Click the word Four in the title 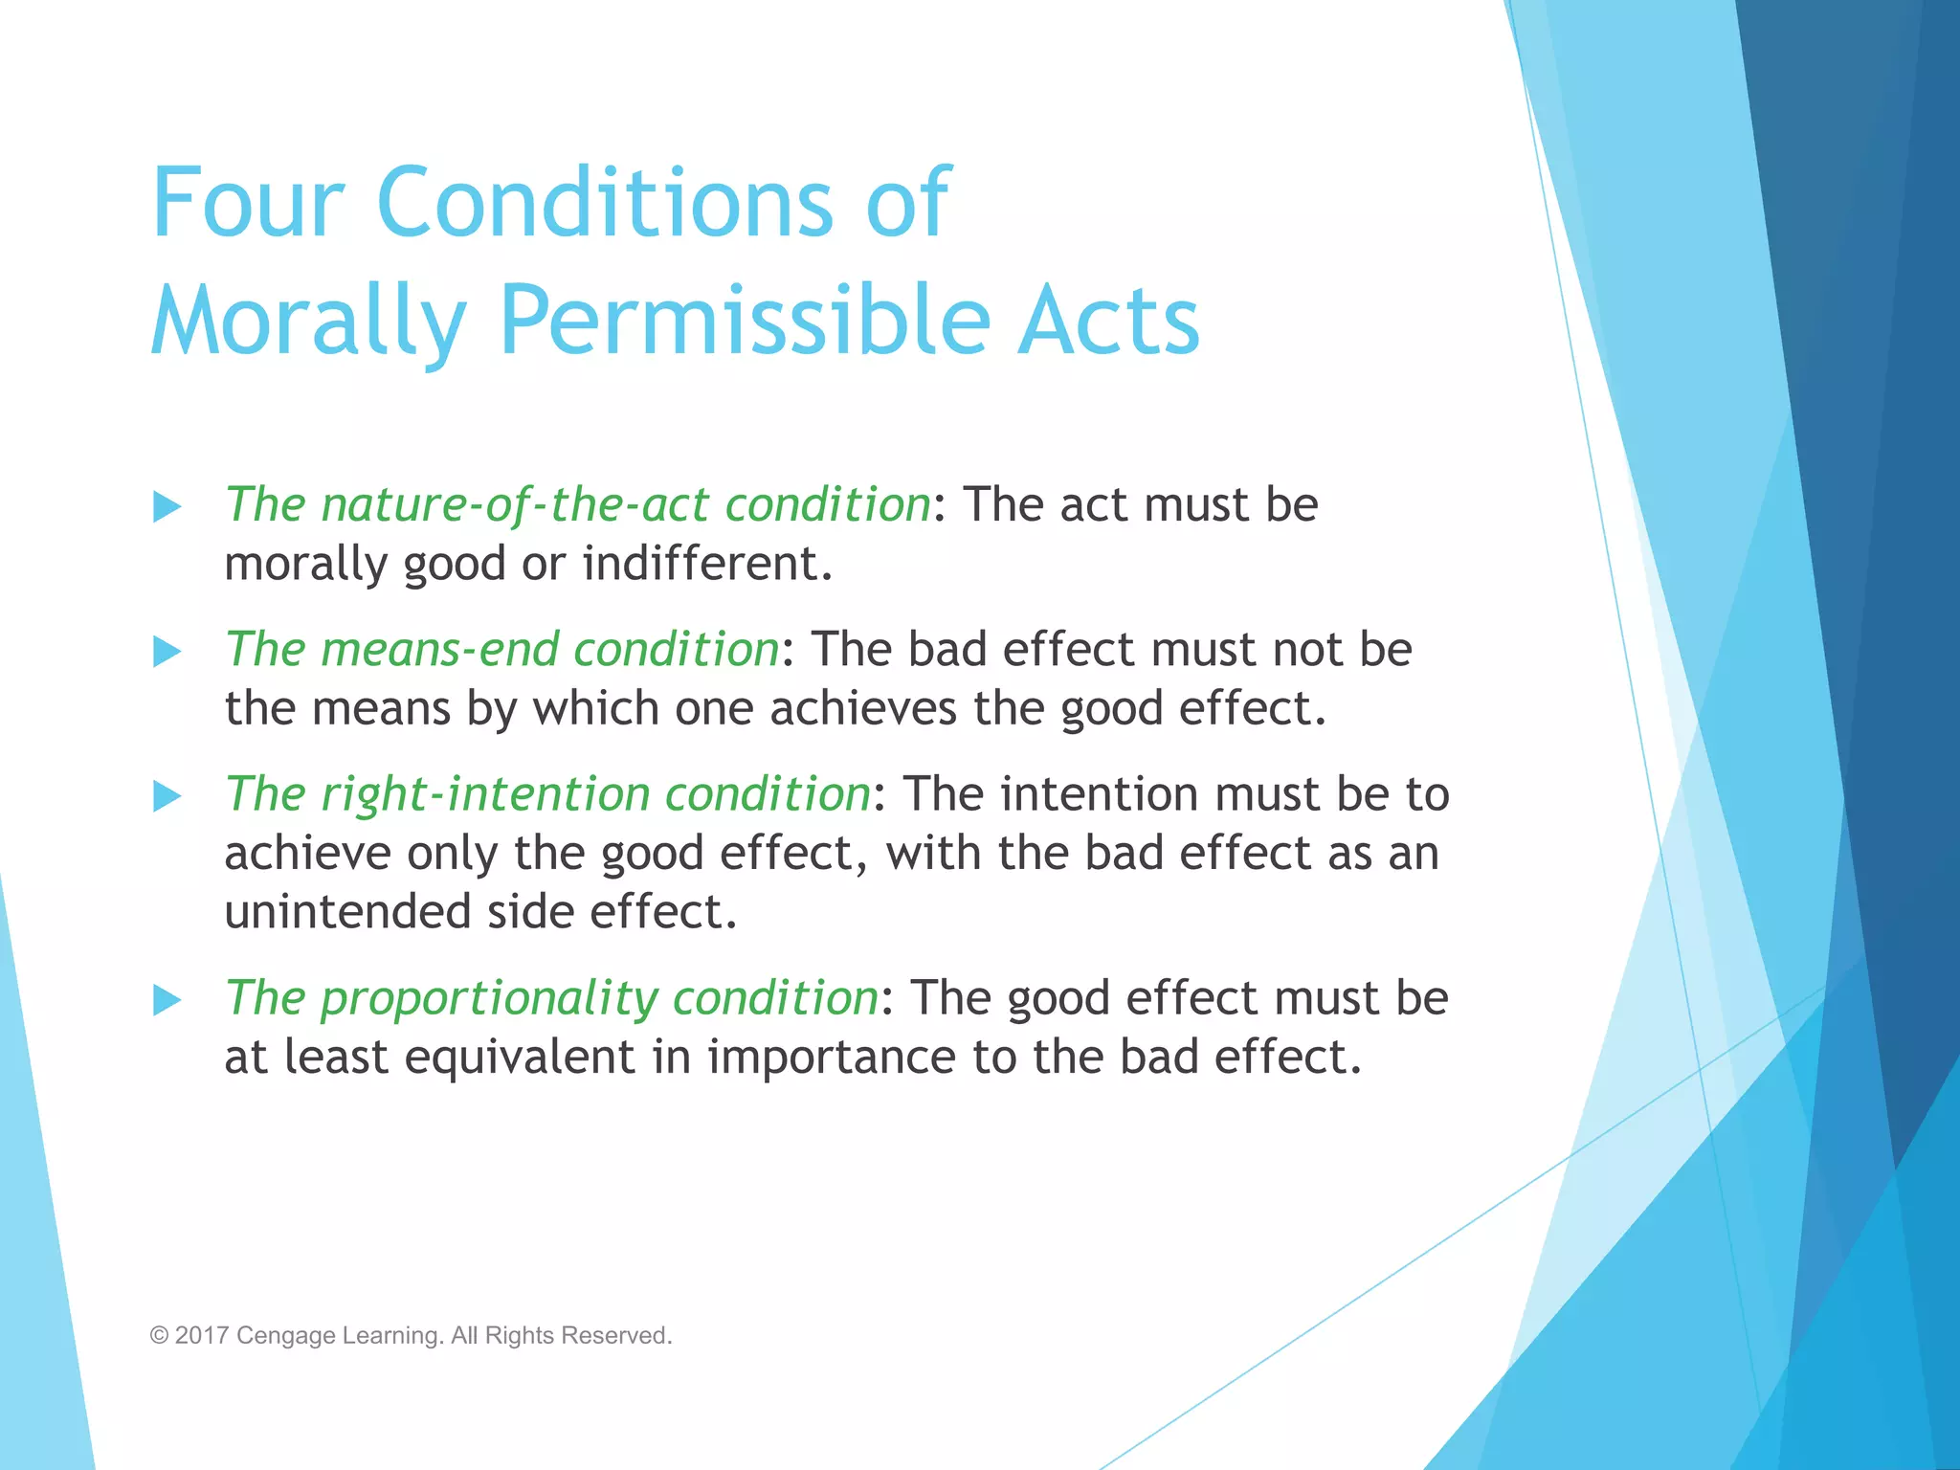247,203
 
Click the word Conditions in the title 605,203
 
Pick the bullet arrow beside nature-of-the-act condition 167,506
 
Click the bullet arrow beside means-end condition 167,652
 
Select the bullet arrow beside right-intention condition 167,796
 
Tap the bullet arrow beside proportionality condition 167,1000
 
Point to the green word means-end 439,651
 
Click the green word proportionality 489,999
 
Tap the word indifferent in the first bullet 706,564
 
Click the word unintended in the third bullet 347,912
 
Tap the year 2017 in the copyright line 202,1335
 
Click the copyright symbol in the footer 159,1335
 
